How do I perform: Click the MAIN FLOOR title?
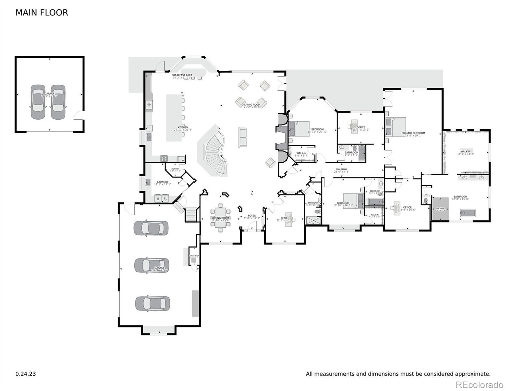pos(42,13)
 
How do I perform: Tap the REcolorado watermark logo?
pos(479,384)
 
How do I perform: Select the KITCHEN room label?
pos(183,127)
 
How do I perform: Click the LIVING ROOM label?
pos(252,105)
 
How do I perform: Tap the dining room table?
pos(221,218)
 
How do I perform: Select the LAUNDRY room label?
pos(163,182)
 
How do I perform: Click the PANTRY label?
pos(175,169)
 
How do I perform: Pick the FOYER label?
pos(252,216)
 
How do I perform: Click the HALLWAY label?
pos(341,169)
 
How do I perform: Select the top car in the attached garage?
pos(151,228)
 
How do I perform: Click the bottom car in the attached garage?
pos(152,303)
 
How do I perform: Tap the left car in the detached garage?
pos(38,102)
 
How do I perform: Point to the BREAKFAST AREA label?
pos(182,75)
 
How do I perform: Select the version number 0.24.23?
pos(26,374)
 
